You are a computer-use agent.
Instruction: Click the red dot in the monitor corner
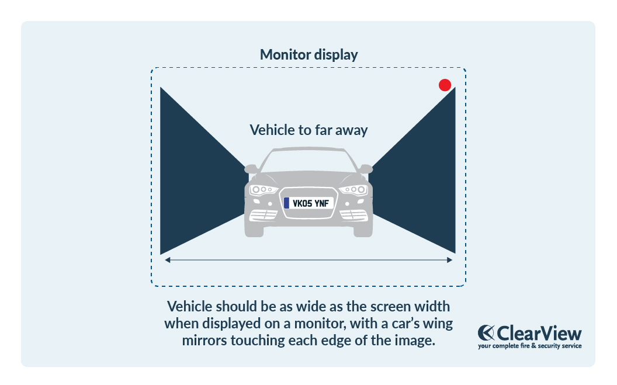coord(445,85)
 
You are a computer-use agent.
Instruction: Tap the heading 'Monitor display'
coord(308,55)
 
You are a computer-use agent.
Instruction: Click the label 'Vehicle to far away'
coord(308,130)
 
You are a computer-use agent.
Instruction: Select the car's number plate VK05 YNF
coord(308,203)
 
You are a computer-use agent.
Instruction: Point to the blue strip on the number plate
coord(286,203)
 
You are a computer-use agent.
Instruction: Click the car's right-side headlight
coord(354,189)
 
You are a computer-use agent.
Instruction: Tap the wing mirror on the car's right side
coord(366,168)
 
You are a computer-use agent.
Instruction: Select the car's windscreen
coord(308,161)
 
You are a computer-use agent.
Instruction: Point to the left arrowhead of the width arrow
coord(168,260)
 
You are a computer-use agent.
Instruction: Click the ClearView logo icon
coord(486,333)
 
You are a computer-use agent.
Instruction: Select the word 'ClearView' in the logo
coord(539,333)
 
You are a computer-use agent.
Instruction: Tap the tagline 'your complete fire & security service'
coord(529,346)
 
